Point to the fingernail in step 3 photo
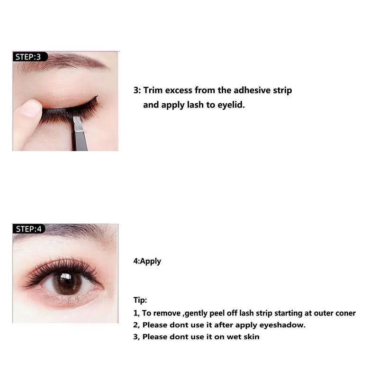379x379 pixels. coord(31,108)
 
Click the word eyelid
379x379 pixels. coord(231,105)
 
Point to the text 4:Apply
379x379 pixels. coord(147,261)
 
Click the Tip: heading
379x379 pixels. coord(140,300)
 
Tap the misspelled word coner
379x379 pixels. coord(345,313)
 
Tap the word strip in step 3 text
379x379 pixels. coord(281,90)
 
